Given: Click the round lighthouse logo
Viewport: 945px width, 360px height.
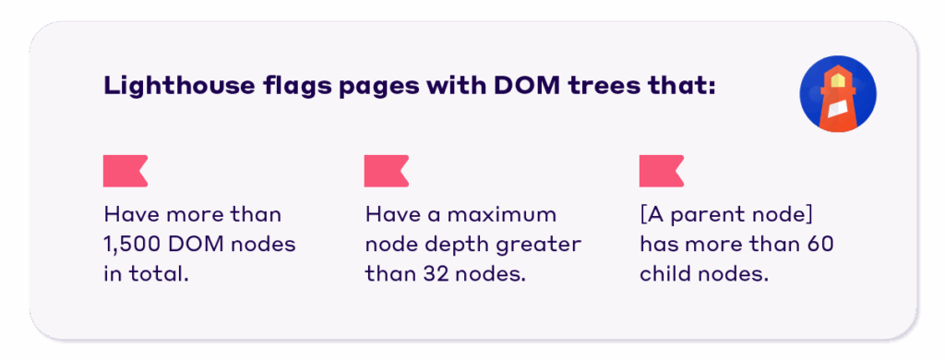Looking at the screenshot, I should pos(838,93).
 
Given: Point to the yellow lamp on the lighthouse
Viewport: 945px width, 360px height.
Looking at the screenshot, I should pos(838,78).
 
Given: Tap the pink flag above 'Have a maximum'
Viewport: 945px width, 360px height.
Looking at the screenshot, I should pos(387,171).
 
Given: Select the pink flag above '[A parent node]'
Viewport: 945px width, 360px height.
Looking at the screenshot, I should pos(661,171).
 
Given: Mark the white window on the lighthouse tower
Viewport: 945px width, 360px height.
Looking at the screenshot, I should pos(838,112).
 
